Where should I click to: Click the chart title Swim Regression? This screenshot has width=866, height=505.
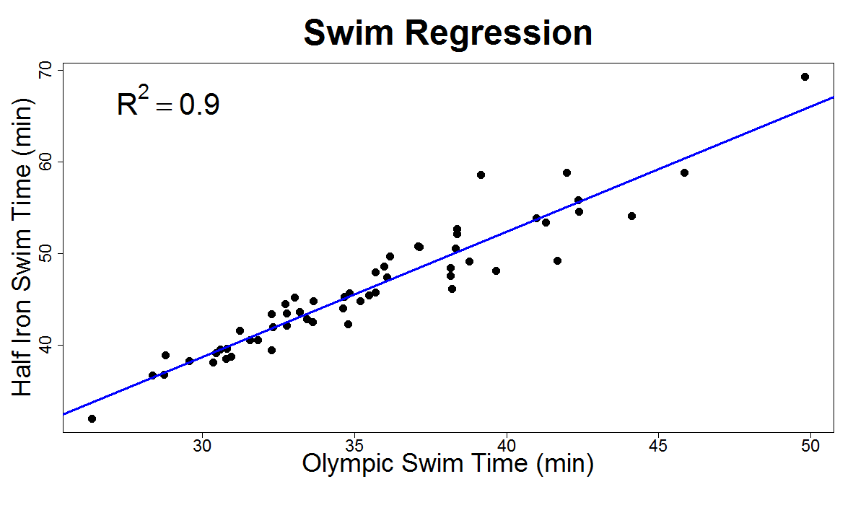(x=447, y=33)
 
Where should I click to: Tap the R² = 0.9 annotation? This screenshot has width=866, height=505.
(x=168, y=105)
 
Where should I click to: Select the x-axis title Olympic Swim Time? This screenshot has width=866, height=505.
(x=447, y=463)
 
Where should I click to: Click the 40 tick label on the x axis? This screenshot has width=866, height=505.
(x=507, y=444)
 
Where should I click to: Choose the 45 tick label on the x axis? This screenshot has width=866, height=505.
(x=659, y=444)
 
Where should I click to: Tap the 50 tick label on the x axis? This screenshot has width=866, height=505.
(x=810, y=444)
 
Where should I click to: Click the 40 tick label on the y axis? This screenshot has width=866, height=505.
(x=45, y=345)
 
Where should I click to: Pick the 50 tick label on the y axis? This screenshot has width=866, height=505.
(x=45, y=253)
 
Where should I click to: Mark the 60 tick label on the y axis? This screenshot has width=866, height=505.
(x=45, y=162)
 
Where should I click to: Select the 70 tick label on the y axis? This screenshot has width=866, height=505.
(x=45, y=71)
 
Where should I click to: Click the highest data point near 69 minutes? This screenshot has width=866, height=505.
(x=805, y=76)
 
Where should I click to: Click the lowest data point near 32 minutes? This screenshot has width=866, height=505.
(x=92, y=418)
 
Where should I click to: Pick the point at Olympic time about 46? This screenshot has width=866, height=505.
(x=684, y=172)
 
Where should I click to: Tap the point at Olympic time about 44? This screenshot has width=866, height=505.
(x=631, y=216)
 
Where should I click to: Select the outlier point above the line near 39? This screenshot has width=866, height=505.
(x=481, y=175)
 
